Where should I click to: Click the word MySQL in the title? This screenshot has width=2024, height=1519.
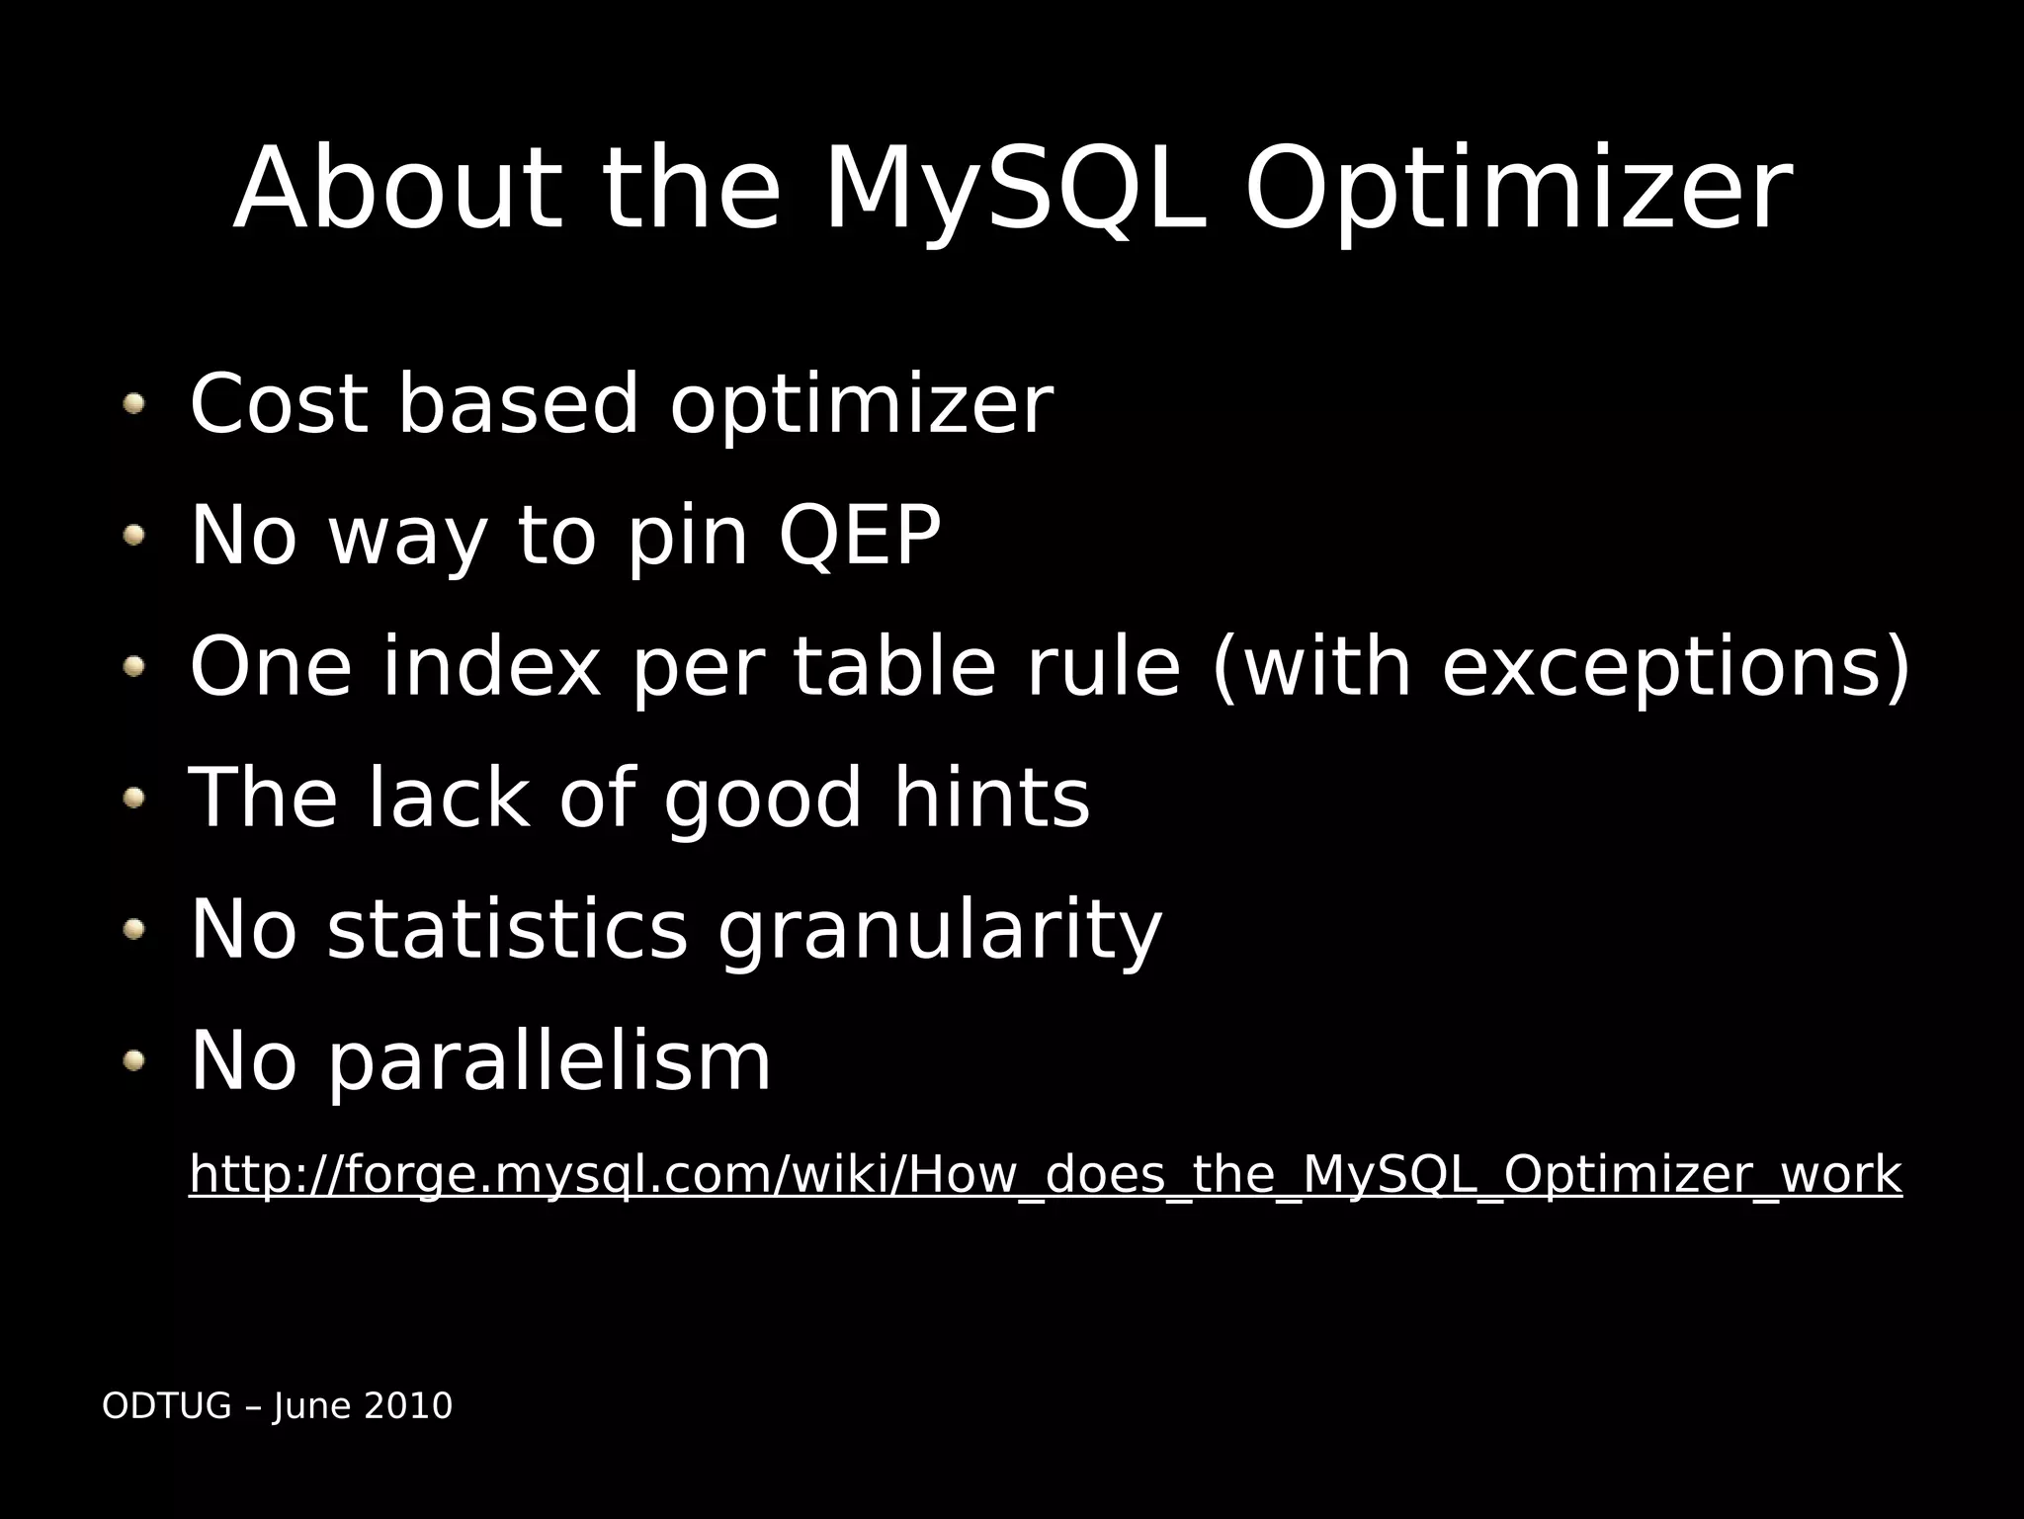pyautogui.click(x=1014, y=190)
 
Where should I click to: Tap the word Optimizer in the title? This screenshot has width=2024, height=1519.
pyautogui.click(x=1517, y=190)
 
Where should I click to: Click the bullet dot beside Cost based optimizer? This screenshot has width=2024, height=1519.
pyautogui.click(x=134, y=403)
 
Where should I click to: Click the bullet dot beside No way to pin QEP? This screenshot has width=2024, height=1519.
pyautogui.click(x=134, y=535)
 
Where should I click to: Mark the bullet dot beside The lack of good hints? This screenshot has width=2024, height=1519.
pyautogui.click(x=134, y=797)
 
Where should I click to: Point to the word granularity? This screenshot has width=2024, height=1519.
pyautogui.click(x=940, y=932)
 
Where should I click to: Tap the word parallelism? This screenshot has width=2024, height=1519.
pyautogui.click(x=549, y=1062)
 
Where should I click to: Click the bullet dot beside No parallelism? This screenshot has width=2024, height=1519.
pyautogui.click(x=134, y=1061)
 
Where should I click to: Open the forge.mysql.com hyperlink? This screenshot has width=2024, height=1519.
pyautogui.click(x=1045, y=1175)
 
